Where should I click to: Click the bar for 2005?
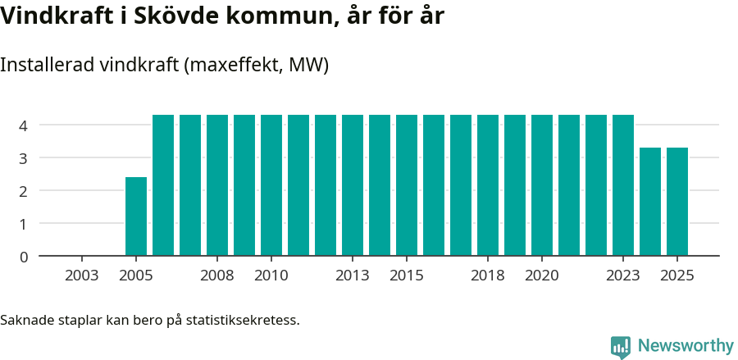136,216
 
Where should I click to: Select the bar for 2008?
217,185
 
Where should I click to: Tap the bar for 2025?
677,202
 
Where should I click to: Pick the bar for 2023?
623,185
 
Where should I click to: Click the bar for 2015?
407,185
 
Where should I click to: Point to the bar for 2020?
542,185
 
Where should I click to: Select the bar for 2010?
271,185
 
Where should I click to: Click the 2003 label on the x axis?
81,276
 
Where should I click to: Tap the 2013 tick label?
352,276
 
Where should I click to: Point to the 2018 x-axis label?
487,276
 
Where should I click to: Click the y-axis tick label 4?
24,125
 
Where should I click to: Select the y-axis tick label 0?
24,257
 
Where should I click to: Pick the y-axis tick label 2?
24,191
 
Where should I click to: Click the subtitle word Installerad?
47,66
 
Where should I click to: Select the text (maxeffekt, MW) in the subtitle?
257,66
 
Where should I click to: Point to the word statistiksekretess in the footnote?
242,319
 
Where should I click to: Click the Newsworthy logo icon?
621,346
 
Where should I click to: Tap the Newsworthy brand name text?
685,346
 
